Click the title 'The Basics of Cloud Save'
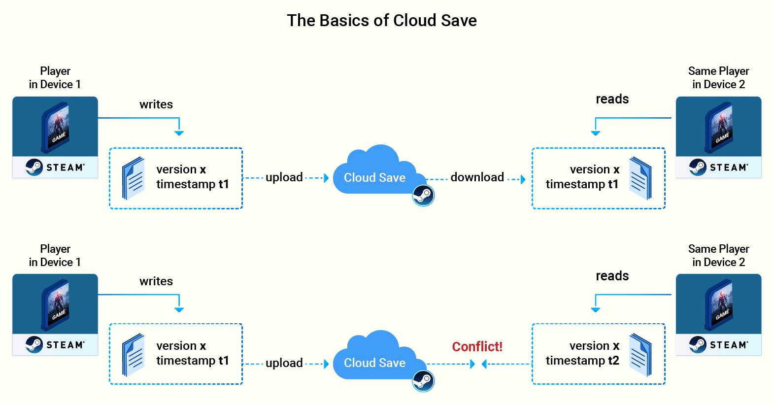coord(382,20)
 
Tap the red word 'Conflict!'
coord(477,346)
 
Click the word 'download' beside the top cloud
coord(477,177)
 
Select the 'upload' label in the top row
coord(284,178)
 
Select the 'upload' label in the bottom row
coord(284,363)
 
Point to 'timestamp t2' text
coord(582,361)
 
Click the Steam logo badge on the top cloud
coord(423,196)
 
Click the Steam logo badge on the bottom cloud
coord(423,381)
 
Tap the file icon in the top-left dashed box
coord(134,178)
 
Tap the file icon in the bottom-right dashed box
coord(640,355)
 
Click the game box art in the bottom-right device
coord(719,305)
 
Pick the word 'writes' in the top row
coord(156,104)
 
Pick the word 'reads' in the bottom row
coord(612,276)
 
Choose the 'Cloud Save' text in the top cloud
coord(374,178)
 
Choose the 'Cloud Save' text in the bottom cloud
coord(374,363)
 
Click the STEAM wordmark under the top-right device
coord(729,168)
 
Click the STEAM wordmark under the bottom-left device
coord(66,345)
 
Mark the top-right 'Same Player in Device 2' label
coord(719,78)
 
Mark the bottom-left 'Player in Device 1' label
coord(55,256)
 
